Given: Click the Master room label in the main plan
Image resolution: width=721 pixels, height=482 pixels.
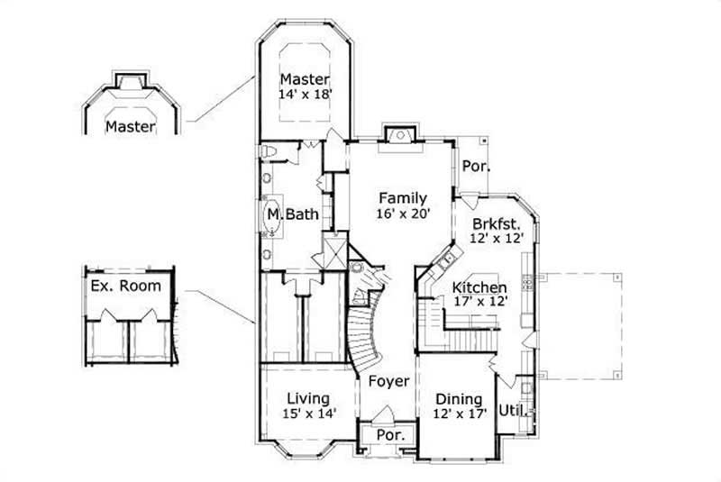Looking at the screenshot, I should point(304,79).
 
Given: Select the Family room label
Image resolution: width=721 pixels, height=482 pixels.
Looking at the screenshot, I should point(402,197).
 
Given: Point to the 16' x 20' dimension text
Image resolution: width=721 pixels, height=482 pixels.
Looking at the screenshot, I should point(402,214).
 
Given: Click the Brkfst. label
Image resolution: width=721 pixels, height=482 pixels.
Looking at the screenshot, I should point(495,223).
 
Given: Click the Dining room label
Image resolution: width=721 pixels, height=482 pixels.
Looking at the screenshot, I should point(459,399).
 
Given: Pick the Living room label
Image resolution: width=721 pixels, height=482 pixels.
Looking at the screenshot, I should point(308,398).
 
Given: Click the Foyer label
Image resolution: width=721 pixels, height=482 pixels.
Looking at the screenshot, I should point(389,381).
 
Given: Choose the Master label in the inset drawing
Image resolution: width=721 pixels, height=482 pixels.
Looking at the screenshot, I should point(130,126).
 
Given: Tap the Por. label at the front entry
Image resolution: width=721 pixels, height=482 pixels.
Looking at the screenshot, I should point(390,435).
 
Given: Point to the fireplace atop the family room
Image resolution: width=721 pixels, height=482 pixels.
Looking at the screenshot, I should point(397,135).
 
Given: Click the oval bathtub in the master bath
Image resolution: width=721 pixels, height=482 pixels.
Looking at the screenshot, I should point(271,215).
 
